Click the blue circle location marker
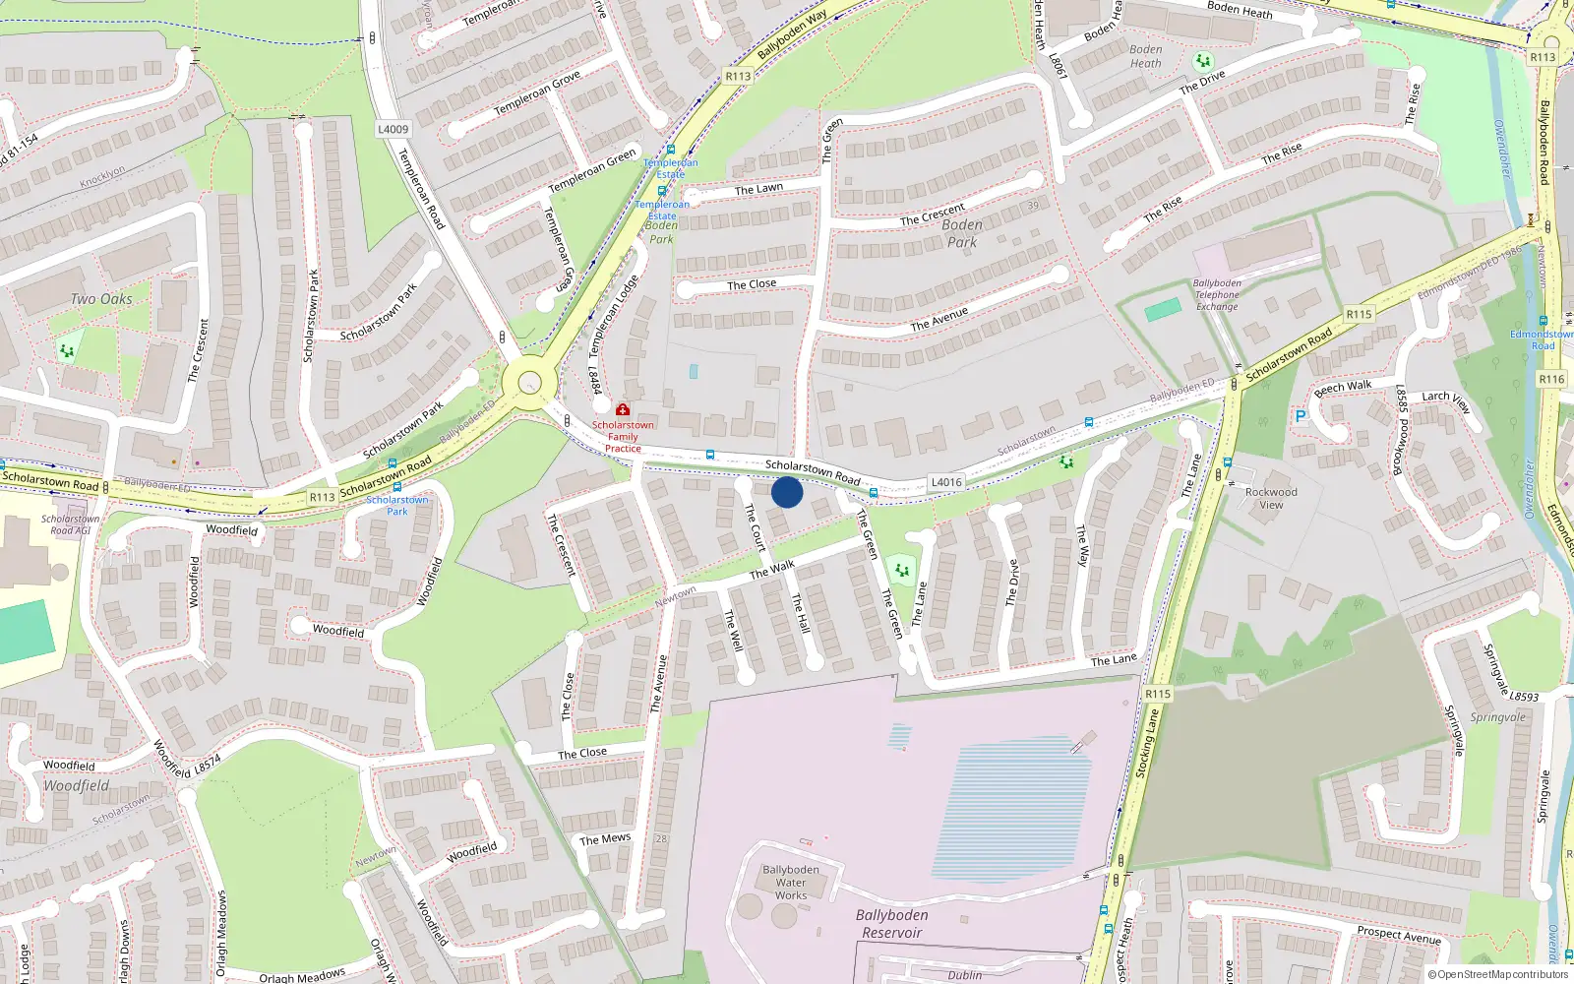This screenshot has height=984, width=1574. pos(787,492)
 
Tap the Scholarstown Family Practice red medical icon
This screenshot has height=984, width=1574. pos(623,409)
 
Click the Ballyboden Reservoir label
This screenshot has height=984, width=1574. pos(891,924)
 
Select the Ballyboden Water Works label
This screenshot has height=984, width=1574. pos(791,883)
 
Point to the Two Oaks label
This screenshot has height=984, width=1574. pos(101,299)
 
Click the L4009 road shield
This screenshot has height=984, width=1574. pos(393,129)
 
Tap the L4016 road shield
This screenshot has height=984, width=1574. pos(946,482)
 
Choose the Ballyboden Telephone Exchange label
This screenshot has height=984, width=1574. pos(1217,295)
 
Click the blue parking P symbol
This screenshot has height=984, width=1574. pos(1301,417)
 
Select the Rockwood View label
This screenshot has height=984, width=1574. pos(1271,499)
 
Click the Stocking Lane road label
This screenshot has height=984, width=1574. pos(1148,744)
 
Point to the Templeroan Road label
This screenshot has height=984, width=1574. pos(422,189)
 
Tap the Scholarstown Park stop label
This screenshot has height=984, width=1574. pos(397,506)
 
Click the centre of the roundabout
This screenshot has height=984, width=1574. pos(530,383)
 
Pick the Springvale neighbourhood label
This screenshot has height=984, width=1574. pos(1497,717)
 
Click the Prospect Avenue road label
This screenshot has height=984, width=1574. pos(1398,934)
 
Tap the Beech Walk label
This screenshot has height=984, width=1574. pos(1343,388)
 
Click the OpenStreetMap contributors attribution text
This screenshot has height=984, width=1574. pos(1497,975)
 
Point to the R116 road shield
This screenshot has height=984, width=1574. pos(1551,379)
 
